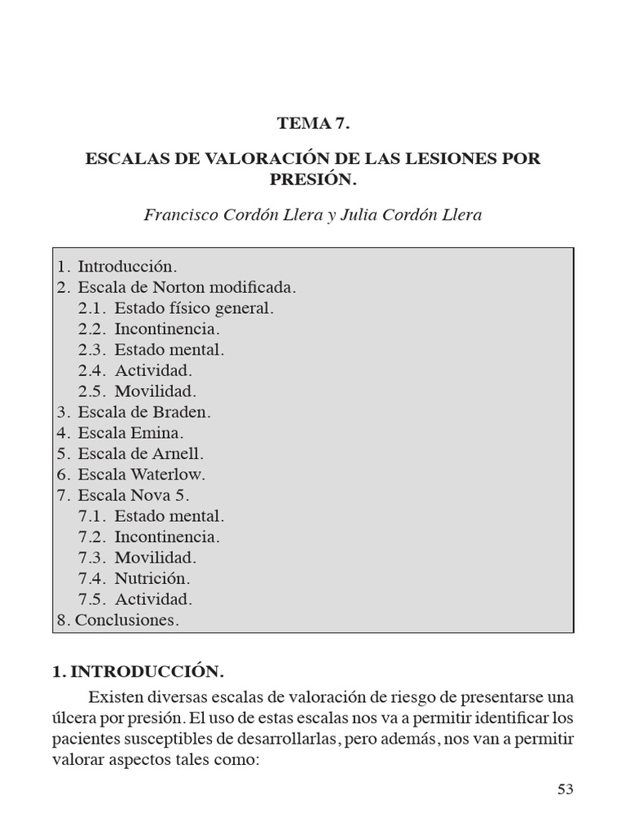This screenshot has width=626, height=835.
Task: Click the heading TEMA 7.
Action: (x=313, y=124)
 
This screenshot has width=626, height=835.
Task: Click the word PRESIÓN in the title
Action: (x=312, y=178)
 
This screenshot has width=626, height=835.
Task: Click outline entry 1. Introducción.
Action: (x=117, y=267)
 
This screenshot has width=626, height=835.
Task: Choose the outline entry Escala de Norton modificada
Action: (x=178, y=288)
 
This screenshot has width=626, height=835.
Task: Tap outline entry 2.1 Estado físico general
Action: (x=176, y=308)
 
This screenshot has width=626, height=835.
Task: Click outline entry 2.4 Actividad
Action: (x=135, y=371)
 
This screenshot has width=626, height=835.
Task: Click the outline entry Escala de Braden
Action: (x=134, y=413)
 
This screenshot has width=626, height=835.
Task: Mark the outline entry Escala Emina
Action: (x=121, y=433)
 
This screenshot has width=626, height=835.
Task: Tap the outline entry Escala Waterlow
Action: (x=131, y=475)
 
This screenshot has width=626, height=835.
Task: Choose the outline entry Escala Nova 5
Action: (x=123, y=495)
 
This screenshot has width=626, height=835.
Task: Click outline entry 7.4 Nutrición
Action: (x=134, y=578)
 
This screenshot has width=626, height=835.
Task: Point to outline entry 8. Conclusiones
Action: (x=117, y=620)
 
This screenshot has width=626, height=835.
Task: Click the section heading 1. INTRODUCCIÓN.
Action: (x=137, y=672)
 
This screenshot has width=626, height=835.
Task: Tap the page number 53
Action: (x=566, y=789)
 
